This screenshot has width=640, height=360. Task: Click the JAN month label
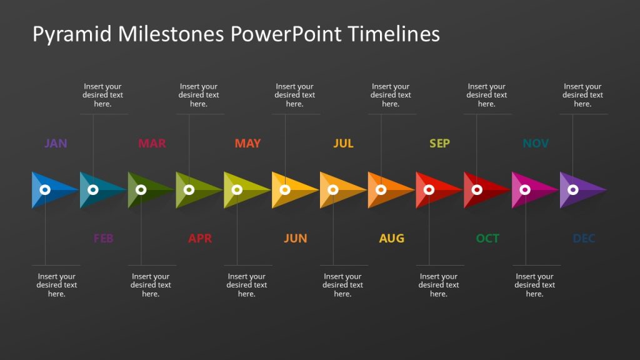click(56, 144)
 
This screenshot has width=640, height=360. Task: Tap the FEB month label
click(103, 238)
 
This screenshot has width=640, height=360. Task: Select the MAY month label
click(247, 144)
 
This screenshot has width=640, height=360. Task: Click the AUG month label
click(391, 238)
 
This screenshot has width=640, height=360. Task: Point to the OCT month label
click(487, 238)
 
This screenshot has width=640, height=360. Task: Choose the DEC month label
click(584, 238)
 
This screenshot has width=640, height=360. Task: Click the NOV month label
click(536, 144)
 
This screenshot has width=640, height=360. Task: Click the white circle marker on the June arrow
click(285, 189)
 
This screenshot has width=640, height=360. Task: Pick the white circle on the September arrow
click(429, 189)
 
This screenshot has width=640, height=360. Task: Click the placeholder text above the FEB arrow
click(103, 95)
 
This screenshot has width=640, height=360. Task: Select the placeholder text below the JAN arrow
click(57, 285)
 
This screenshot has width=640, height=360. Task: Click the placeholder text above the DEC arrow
click(582, 95)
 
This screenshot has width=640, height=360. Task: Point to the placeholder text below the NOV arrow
click(534, 285)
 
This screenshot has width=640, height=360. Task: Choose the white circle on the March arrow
click(141, 189)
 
